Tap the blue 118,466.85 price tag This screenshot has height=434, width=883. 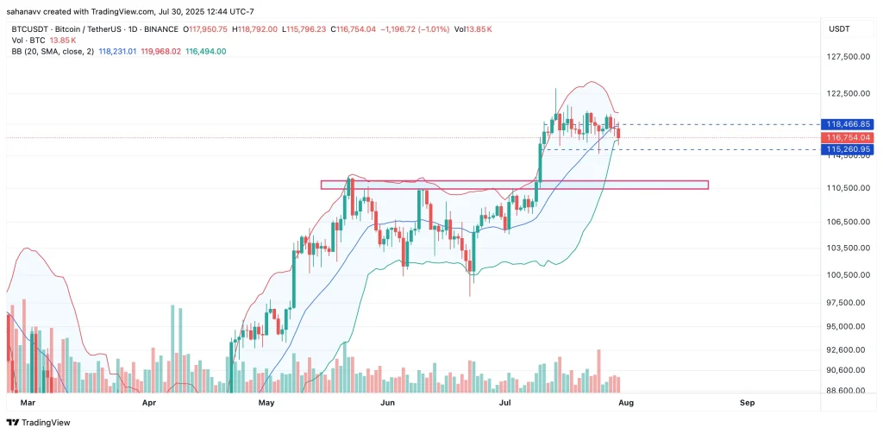coord(849,124)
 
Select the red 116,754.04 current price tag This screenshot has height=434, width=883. coord(849,137)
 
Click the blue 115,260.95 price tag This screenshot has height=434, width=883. coord(849,149)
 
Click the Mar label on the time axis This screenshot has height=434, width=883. coord(28,402)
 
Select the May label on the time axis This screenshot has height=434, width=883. coord(266,402)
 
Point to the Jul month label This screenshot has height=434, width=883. coord(505,402)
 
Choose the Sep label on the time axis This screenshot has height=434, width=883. coord(747,402)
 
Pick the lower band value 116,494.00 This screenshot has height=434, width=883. coord(206,51)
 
